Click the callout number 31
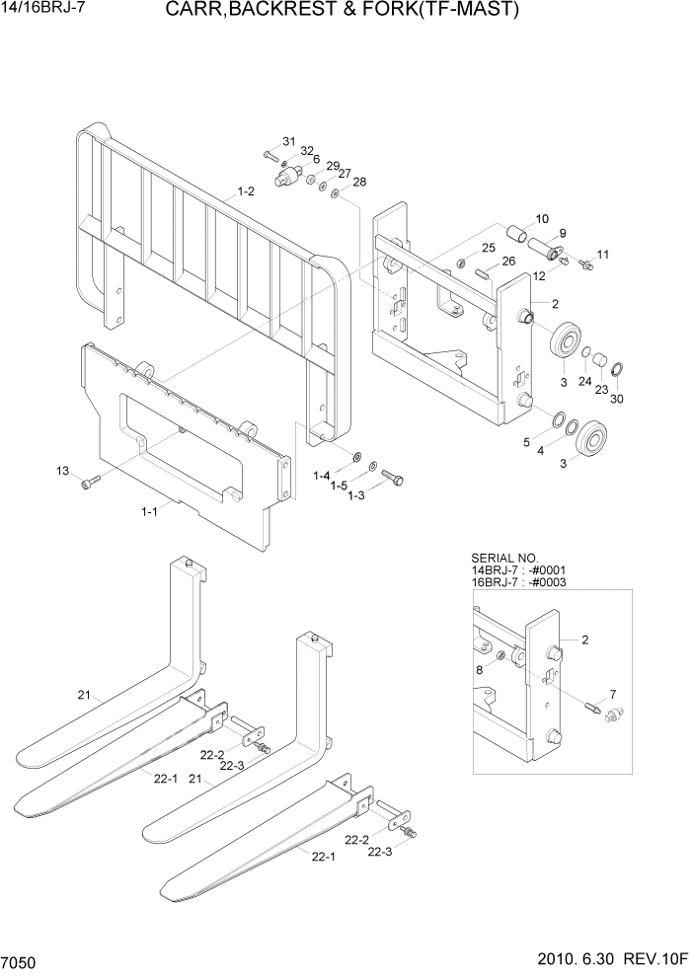tap(289, 140)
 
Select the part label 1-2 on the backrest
tap(245, 191)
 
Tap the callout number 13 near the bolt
tap(63, 472)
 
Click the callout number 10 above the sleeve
tap(542, 218)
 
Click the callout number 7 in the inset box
tap(612, 694)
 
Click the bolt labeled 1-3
tap(393, 477)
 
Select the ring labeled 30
tap(616, 370)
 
